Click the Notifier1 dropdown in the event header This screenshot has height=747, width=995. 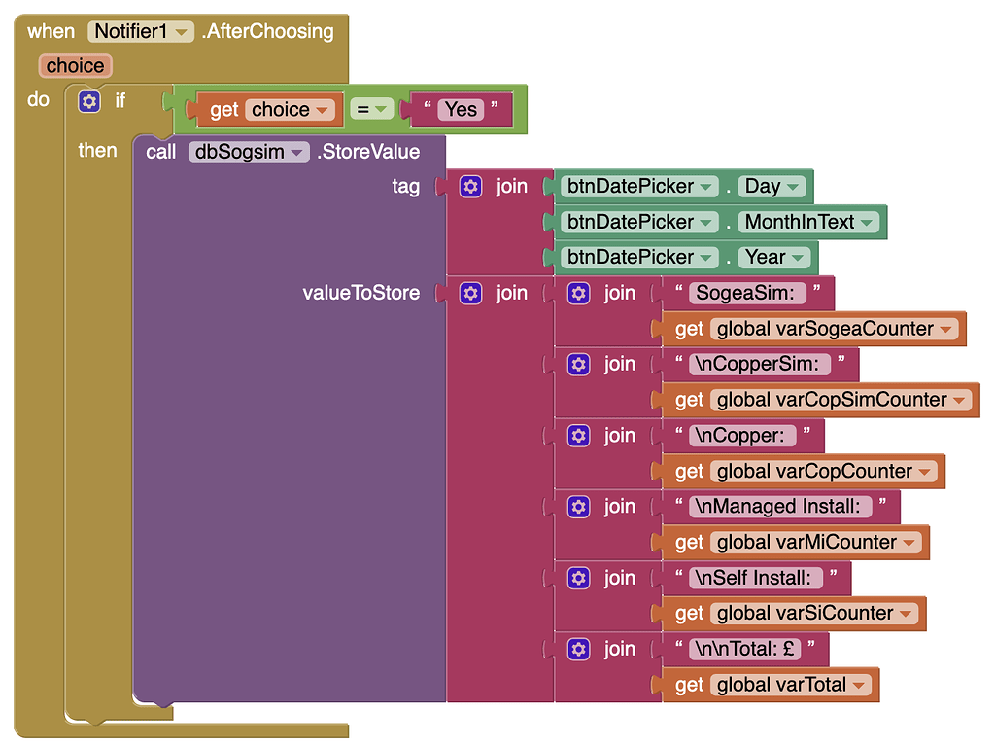click(142, 31)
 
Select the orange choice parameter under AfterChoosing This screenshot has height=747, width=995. click(75, 66)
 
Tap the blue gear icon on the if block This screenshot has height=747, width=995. click(89, 101)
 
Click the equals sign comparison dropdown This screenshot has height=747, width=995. click(371, 109)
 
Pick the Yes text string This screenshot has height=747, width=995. click(461, 109)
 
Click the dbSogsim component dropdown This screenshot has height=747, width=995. click(249, 152)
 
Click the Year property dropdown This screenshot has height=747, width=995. click(775, 257)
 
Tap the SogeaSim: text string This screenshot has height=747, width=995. click(745, 293)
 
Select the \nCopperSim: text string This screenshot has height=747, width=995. click(761, 364)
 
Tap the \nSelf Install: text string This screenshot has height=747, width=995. click(754, 578)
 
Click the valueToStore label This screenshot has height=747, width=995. click(361, 293)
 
